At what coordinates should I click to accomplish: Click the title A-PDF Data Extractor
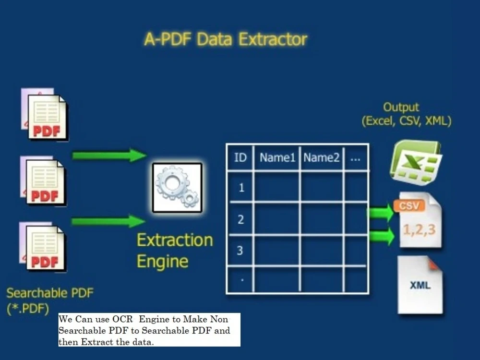coord(226,39)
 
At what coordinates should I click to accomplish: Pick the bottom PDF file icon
coord(43,247)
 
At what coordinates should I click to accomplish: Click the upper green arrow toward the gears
coord(109,155)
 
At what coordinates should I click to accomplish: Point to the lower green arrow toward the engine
coord(108,221)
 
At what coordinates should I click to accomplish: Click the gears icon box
coord(177,188)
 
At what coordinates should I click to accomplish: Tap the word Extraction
coord(175,240)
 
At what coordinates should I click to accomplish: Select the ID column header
coord(240,157)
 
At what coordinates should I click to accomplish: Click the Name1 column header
coord(277,157)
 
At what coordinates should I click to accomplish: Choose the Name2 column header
coord(322,157)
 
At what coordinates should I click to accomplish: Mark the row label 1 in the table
coord(241,188)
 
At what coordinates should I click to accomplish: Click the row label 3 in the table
coord(240,251)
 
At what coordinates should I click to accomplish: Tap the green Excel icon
coord(416,162)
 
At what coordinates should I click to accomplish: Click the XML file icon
coord(420,285)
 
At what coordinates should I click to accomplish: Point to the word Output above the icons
coord(401,108)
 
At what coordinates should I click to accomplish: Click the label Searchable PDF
coord(50,293)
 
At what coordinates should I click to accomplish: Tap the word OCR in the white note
coord(122,319)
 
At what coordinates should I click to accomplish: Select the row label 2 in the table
coord(240,219)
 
